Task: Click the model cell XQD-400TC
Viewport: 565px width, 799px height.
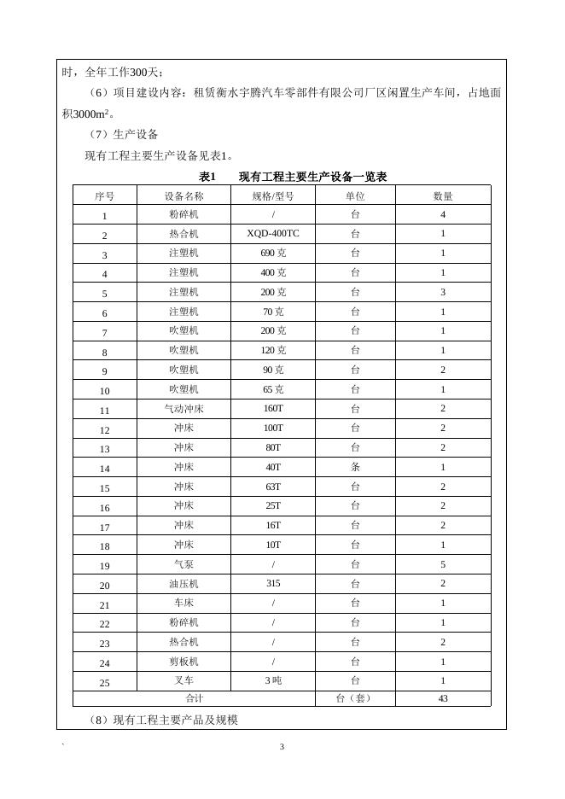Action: click(x=273, y=233)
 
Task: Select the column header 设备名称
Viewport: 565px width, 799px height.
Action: click(x=183, y=195)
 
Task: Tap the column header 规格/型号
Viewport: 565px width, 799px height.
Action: click(x=273, y=195)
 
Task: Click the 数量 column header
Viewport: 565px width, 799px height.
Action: click(x=443, y=195)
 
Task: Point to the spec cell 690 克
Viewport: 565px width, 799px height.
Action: click(x=273, y=253)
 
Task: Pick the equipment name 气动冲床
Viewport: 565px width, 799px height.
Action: click(x=183, y=409)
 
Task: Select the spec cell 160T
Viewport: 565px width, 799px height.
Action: click(x=273, y=409)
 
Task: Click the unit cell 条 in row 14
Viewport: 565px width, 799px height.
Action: click(x=355, y=467)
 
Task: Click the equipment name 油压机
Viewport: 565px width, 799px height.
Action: click(x=183, y=584)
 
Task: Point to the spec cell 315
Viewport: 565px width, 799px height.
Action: click(x=273, y=584)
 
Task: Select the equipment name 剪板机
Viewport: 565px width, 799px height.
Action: click(x=183, y=662)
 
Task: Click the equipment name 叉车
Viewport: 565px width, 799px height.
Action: click(x=183, y=680)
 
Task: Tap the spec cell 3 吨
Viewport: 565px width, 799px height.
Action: click(x=273, y=680)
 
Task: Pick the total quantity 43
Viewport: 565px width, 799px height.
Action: click(x=443, y=698)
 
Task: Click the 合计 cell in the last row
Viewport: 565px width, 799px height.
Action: click(x=195, y=698)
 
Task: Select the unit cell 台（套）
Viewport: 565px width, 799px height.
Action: click(x=355, y=698)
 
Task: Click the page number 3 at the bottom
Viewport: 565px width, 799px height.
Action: click(x=282, y=748)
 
